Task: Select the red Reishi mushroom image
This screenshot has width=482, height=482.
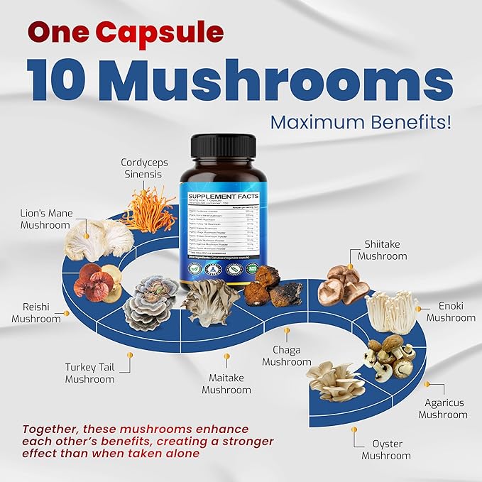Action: pyautogui.click(x=99, y=283)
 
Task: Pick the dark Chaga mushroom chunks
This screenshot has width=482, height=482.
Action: pyautogui.click(x=273, y=287)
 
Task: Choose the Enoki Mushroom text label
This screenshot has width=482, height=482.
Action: pyautogui.click(x=451, y=312)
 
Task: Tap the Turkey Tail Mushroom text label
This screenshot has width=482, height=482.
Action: pyautogui.click(x=89, y=373)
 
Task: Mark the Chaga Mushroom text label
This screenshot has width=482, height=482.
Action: pyautogui.click(x=286, y=356)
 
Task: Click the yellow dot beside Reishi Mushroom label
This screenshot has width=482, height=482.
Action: pyautogui.click(x=67, y=313)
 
